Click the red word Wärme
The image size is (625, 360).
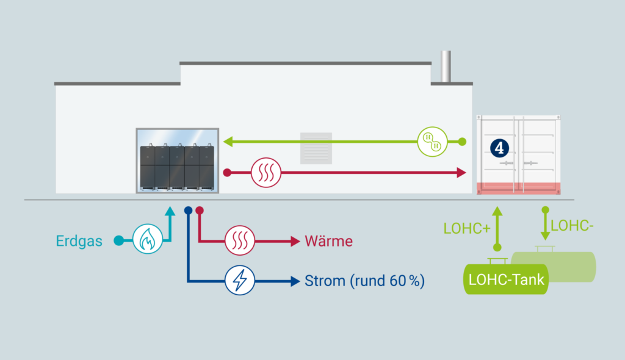click(x=328, y=241)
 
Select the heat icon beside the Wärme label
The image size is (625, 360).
click(x=240, y=241)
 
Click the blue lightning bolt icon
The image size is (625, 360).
click(x=240, y=281)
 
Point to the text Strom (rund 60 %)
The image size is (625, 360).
click(x=364, y=281)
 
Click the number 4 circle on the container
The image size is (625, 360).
click(x=499, y=147)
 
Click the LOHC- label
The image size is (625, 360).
click(x=572, y=226)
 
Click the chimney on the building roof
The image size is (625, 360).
click(x=446, y=66)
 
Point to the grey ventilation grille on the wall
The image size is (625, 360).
click(x=316, y=148)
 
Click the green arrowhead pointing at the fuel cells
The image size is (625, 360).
click(x=227, y=142)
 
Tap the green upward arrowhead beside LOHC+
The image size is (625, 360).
click(x=497, y=211)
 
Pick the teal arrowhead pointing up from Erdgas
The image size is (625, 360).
click(x=170, y=211)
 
